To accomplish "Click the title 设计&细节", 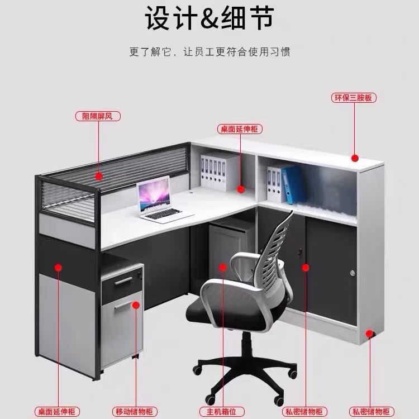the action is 209,18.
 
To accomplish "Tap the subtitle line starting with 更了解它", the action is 209,52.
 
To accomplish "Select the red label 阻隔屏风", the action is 98,116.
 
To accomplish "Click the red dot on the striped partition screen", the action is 98,177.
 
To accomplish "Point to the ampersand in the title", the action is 209,18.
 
